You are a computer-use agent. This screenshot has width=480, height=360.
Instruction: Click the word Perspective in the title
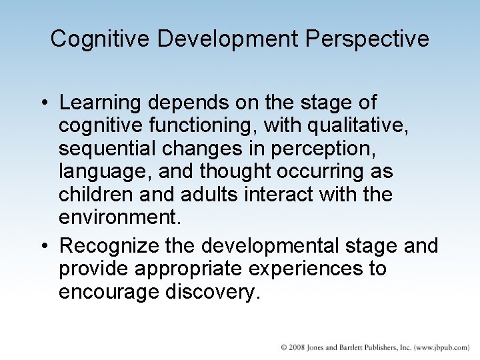(x=368, y=39)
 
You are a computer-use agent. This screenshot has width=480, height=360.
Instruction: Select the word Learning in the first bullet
(x=100, y=103)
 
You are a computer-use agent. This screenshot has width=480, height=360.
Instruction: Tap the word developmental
(x=279, y=247)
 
